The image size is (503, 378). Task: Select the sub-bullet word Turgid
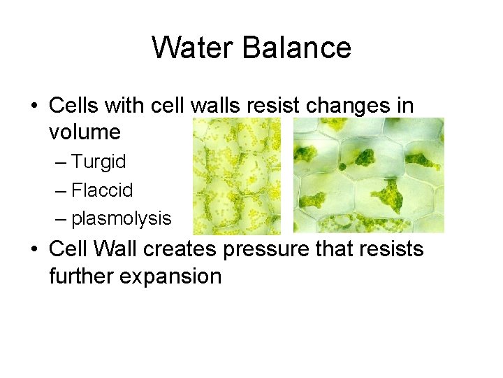(99, 162)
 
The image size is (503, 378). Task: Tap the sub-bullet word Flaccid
(102, 190)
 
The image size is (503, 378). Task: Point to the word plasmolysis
(121, 219)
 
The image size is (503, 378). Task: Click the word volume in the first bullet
(85, 132)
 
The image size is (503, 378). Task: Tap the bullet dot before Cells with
(34, 106)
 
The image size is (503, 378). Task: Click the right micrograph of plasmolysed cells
(368, 175)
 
